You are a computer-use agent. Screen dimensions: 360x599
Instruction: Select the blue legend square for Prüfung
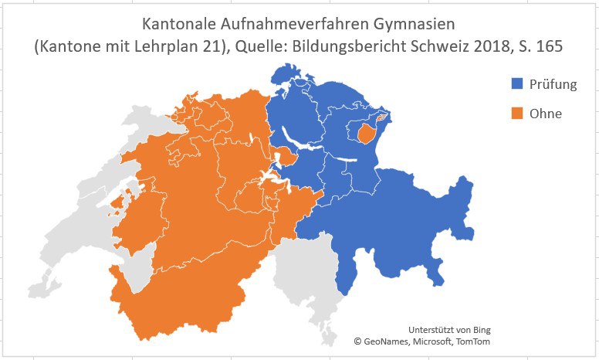(517, 84)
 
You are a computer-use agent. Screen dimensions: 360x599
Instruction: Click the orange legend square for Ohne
(517, 114)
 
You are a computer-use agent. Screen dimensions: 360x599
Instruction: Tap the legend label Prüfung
(553, 84)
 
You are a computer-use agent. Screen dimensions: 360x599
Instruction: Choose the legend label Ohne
(546, 114)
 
